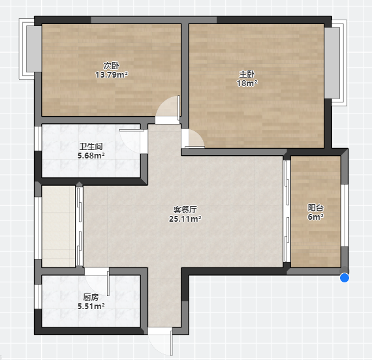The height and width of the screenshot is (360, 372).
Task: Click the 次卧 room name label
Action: tap(111, 66)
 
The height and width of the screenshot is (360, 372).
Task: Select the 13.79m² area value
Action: tap(112, 75)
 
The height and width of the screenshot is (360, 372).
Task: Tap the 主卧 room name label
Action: tap(247, 74)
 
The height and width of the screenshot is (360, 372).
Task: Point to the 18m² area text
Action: tap(247, 83)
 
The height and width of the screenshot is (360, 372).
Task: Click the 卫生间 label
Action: tap(91, 147)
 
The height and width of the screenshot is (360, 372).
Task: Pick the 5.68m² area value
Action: tap(91, 156)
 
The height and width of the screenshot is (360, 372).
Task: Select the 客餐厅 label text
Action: tap(185, 209)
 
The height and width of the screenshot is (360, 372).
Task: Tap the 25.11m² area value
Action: tap(185, 218)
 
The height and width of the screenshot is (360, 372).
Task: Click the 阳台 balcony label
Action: tap(316, 208)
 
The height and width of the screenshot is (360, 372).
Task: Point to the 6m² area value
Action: tap(316, 217)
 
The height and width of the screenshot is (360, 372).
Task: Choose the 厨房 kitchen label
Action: tap(91, 297)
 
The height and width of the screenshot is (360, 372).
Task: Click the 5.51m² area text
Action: tap(91, 306)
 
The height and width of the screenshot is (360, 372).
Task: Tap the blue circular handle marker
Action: tap(345, 278)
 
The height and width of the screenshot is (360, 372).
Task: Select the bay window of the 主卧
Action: tap(335, 63)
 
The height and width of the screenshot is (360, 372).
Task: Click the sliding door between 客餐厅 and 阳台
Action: tap(287, 211)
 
